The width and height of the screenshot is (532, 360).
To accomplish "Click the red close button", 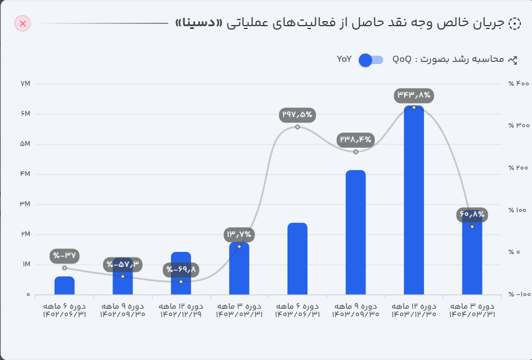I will click(22, 23).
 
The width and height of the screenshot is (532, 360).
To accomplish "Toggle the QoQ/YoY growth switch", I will click(371, 60).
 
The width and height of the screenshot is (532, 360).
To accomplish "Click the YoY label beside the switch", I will click(344, 59).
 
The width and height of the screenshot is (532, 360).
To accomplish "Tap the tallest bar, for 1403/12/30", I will click(414, 201).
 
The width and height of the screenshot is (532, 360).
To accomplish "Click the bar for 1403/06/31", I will click(297, 259).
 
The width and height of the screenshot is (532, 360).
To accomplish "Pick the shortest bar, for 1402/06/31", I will click(65, 285).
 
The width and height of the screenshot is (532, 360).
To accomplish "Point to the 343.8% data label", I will click(414, 95).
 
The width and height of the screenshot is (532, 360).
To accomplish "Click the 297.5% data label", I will click(297, 115).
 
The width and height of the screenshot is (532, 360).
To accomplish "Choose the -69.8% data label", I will click(181, 270).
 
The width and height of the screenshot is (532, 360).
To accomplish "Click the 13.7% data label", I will click(239, 234).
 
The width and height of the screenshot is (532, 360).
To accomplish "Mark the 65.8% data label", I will click(472, 214).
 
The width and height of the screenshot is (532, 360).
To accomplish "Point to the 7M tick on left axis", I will click(25, 84).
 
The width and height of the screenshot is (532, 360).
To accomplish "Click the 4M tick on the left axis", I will click(25, 174).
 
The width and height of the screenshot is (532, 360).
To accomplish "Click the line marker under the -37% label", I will click(65, 268).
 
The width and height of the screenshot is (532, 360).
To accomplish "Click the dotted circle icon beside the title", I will click(515, 23).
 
